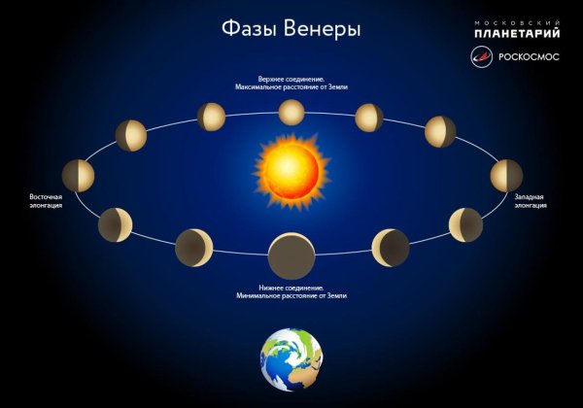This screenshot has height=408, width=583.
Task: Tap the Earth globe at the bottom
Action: [291, 359]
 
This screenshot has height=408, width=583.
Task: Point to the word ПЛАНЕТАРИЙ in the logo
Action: [517, 34]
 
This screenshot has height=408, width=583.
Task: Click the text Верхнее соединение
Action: [291, 77]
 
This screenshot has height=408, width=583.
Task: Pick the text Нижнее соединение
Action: [291, 286]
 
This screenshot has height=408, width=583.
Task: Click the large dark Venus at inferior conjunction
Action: [291, 256]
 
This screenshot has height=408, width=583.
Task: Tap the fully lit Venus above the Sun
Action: [291, 112]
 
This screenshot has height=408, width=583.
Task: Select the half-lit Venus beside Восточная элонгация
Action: [78, 176]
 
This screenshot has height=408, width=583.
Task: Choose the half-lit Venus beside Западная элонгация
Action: [506, 176]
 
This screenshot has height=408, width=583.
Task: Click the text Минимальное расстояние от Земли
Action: [291, 294]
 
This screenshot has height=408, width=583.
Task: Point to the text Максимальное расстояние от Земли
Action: [291, 86]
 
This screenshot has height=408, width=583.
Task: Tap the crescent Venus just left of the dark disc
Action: [193, 248]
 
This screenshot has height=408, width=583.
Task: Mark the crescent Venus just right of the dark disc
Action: [391, 248]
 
